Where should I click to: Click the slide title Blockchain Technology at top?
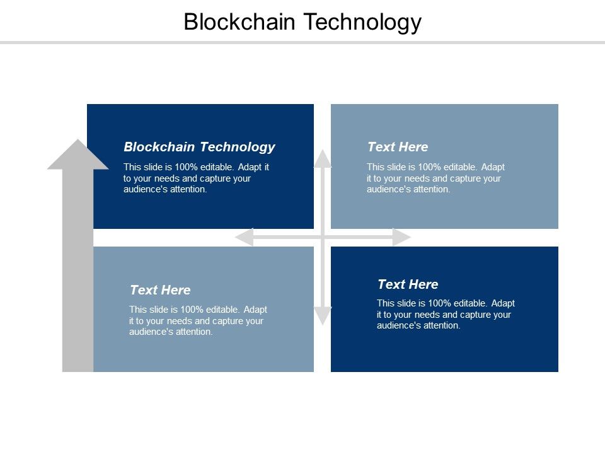(302, 22)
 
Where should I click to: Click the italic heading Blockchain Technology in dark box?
(199, 147)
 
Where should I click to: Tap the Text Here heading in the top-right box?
(398, 147)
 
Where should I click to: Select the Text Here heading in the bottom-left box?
(160, 290)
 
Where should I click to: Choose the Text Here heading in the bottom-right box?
(408, 284)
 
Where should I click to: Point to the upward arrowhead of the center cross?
(323, 158)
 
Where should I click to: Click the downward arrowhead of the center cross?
(323, 315)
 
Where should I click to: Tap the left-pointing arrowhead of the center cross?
(243, 237)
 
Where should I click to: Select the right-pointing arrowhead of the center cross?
(401, 237)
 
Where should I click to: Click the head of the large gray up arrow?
(78, 155)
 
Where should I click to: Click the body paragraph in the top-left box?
(197, 178)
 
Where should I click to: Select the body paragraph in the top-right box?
(436, 178)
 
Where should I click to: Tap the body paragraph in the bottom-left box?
(198, 321)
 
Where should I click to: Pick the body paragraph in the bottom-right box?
(446, 315)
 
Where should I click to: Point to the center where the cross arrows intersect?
(323, 237)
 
